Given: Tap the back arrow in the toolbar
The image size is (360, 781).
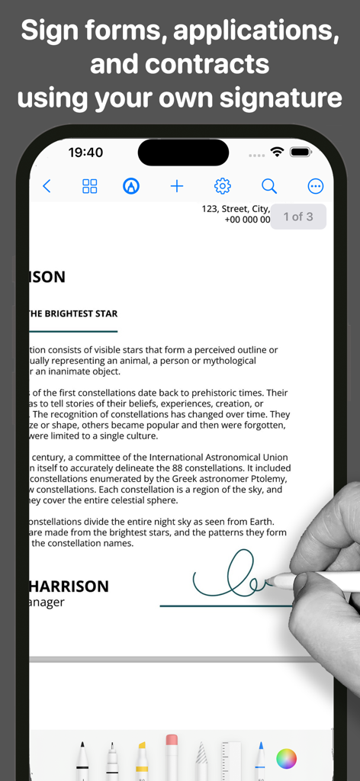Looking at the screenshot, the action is (47, 186).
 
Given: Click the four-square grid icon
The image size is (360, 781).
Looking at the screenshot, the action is (90, 186).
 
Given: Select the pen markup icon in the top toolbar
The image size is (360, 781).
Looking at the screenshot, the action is (131, 186).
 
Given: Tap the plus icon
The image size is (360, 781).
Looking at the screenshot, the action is (177, 186).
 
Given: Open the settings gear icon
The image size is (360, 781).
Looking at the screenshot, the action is (223, 186).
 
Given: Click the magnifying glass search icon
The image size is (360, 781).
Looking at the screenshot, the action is (269, 186).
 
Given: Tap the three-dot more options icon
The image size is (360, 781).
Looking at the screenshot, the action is (316, 186).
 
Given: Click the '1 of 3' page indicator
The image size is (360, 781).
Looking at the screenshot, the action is (298, 217).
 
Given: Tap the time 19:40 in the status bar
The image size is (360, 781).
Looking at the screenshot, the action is (85, 153).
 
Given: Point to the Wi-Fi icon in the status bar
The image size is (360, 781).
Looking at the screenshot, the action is (277, 153).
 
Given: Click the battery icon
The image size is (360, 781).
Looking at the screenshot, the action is (301, 153).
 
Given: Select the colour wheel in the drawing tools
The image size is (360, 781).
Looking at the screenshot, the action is (286, 758).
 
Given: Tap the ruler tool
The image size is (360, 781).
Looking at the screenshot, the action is (230, 759).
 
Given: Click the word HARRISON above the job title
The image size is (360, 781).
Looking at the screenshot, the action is (69, 586).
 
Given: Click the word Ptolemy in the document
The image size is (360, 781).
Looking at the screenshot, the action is (269, 478).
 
